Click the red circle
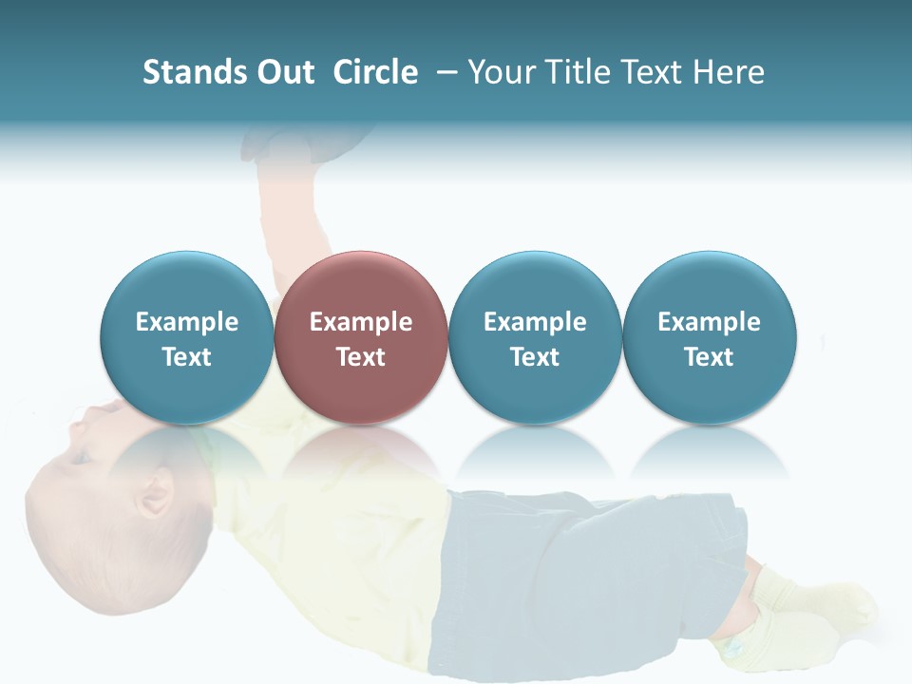[x=360, y=337]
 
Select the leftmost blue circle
[x=186, y=337]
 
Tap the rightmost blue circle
[x=709, y=337]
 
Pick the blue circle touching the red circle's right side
[x=535, y=337]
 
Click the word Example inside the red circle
[x=360, y=322]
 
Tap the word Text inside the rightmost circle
[x=709, y=356]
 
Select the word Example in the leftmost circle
[x=186, y=322]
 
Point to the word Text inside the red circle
[x=360, y=356]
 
